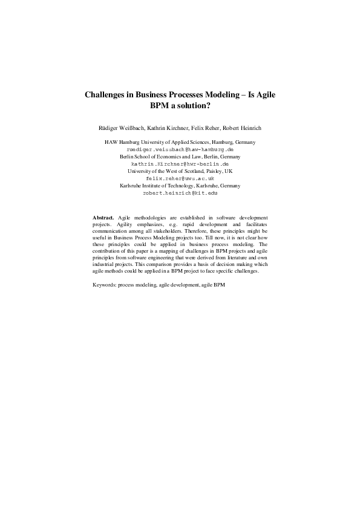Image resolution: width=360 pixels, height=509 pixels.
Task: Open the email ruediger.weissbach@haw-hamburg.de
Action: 180,149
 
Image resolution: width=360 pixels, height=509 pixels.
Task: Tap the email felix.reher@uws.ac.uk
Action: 180,178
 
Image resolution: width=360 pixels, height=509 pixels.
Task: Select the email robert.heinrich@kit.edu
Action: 180,193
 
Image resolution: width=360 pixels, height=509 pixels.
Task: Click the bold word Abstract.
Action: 103,233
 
